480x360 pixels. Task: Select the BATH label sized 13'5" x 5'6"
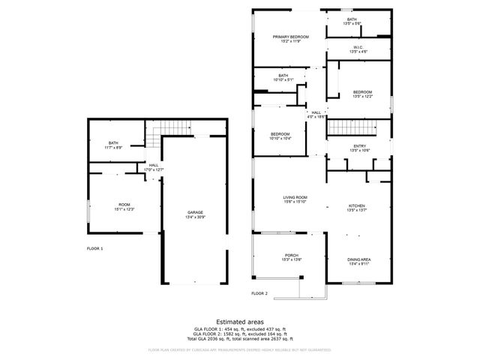pos(352,21)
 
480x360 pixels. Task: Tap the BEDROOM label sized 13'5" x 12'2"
pos(362,94)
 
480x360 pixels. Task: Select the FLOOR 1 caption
pos(95,248)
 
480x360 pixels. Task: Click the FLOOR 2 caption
pos(259,293)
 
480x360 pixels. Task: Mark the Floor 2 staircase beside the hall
pos(358,128)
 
